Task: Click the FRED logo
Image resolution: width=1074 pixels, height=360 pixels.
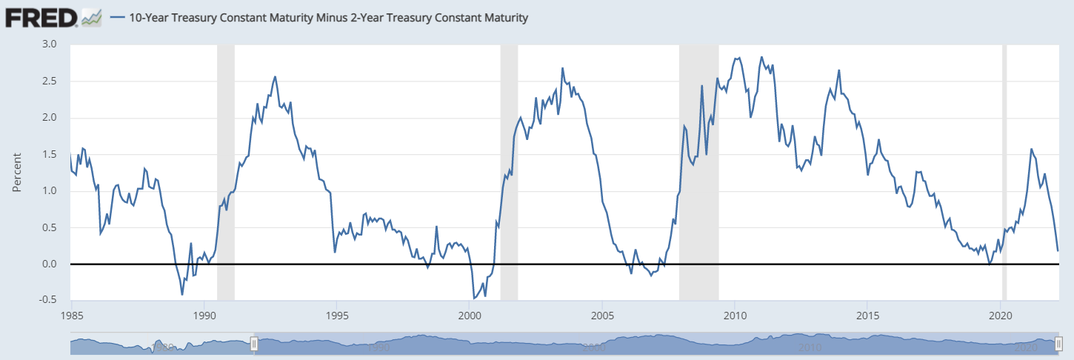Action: pos(41,17)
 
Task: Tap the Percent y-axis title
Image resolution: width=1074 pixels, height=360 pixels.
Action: pos(17,172)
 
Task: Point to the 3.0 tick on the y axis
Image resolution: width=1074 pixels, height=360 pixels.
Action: pos(49,44)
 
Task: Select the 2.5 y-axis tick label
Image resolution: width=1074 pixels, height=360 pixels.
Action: pos(49,81)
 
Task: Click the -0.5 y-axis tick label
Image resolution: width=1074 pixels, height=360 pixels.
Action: pos(47,300)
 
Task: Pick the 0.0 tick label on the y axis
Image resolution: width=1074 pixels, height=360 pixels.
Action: pos(49,264)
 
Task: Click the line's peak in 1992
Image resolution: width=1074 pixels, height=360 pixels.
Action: pos(276,76)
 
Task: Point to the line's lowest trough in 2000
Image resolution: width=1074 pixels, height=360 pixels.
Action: pos(474,299)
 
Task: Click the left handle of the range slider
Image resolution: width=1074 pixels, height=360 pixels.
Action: pos(254,344)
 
